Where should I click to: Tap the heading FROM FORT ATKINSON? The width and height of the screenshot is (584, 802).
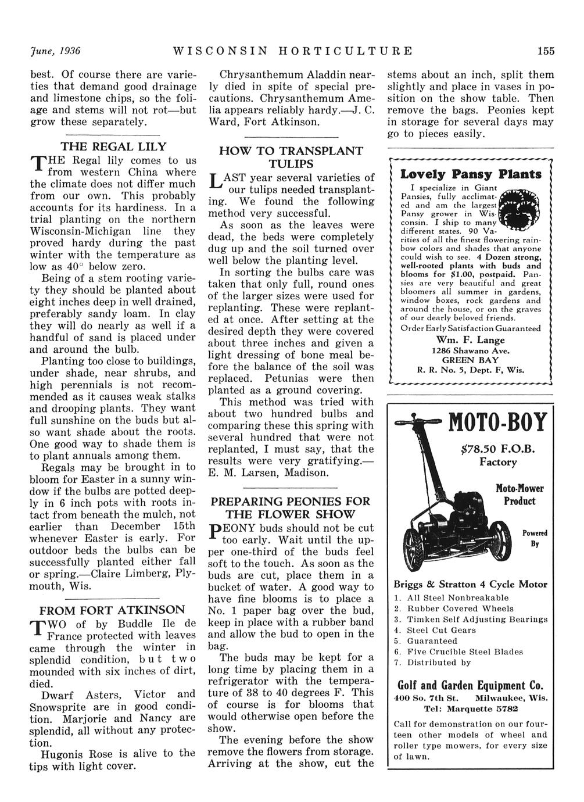(x=112, y=611)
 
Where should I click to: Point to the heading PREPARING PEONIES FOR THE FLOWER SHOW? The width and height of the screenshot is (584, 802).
(x=290, y=507)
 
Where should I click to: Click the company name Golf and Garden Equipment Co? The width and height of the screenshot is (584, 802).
(x=471, y=684)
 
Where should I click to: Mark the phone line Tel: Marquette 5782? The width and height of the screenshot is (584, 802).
(x=471, y=709)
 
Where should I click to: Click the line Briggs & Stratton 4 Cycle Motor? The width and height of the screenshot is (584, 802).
(x=471, y=585)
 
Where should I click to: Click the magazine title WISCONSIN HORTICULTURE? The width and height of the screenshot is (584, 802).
(x=293, y=51)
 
